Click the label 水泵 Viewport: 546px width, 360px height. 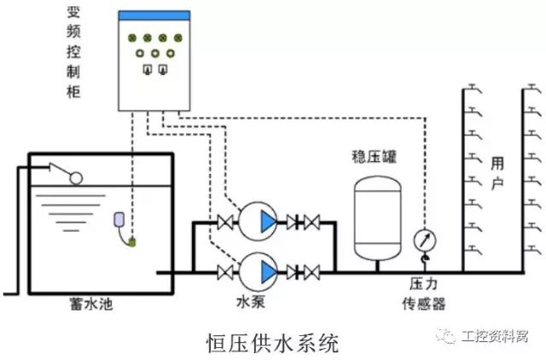click(249, 303)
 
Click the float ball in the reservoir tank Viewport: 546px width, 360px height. click(75, 179)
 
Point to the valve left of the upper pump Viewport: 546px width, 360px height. click(225, 223)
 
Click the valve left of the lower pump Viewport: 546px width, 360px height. click(225, 272)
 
